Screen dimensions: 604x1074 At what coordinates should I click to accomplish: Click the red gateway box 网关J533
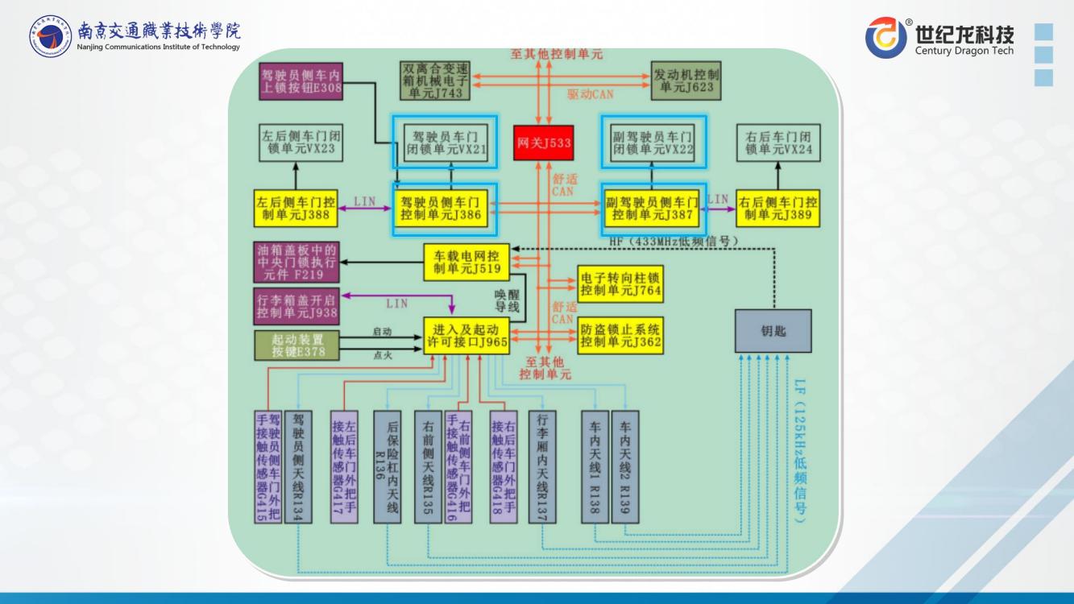544,143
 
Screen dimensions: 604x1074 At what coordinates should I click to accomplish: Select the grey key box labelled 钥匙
773,331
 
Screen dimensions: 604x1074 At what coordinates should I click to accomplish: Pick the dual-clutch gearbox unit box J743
436,80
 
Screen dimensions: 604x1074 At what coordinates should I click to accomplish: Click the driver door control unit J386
445,209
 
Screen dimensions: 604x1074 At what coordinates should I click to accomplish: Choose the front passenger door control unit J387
652,209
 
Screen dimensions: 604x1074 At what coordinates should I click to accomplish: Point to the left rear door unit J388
295,209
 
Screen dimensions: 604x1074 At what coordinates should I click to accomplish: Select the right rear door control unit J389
778,209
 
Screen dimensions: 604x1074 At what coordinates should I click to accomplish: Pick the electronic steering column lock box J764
620,283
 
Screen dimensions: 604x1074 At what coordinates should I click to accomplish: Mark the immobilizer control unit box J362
620,335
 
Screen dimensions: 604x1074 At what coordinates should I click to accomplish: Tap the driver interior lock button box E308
301,81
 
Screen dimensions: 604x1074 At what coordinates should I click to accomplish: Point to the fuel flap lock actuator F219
296,263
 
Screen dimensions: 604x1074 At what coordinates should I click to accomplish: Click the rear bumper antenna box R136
387,467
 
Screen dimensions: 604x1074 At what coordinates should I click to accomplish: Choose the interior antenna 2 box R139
624,467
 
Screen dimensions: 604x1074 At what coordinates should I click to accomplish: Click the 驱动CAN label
590,94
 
